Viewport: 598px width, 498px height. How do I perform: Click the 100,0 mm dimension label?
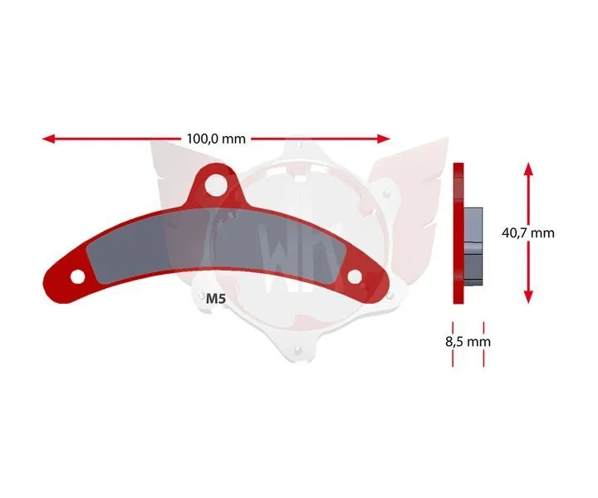216,139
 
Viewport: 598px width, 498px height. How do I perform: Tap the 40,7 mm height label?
528,232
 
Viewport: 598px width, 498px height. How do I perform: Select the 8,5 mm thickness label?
468,341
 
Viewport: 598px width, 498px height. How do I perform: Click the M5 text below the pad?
216,299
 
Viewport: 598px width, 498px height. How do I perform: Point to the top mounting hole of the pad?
215,186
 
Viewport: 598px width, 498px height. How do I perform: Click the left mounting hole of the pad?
78,276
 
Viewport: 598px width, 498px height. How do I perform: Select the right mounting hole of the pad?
355,276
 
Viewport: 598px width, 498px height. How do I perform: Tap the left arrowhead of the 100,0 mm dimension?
48,139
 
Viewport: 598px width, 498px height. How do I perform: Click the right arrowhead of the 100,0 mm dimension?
384,139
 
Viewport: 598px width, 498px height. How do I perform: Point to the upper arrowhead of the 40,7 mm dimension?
528,168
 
